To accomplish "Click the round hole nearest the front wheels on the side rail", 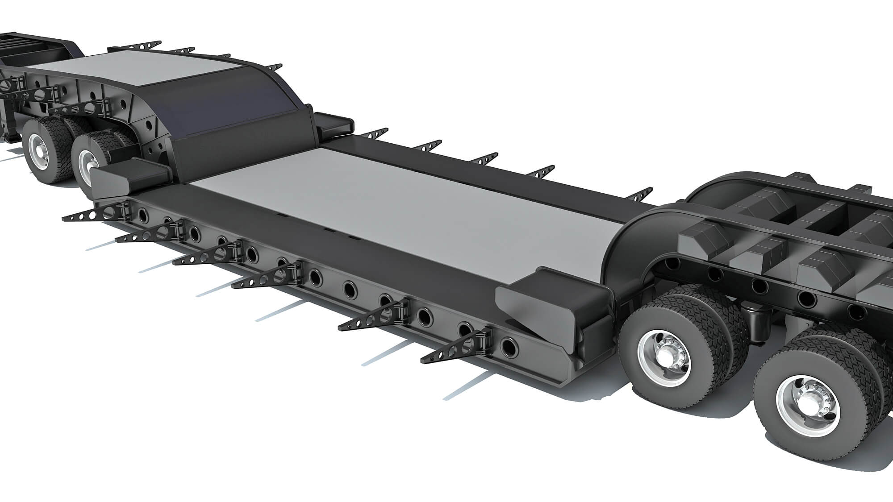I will (508, 346).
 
